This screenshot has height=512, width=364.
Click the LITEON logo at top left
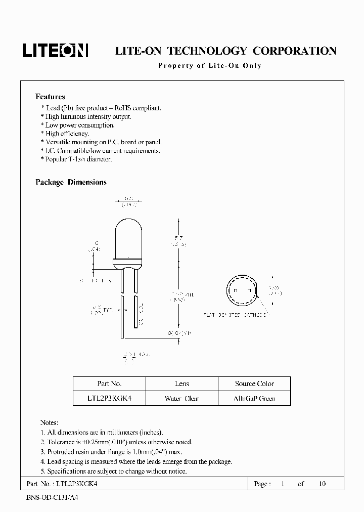55,50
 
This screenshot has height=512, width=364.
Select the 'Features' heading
50,97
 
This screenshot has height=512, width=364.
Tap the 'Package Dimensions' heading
71,182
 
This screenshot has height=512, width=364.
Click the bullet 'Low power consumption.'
80,125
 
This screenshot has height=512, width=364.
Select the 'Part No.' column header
109,383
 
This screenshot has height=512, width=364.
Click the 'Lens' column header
181,383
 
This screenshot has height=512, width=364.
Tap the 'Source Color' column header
254,383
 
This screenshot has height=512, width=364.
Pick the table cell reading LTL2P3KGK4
109,398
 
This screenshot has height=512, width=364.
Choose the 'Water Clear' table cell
181,398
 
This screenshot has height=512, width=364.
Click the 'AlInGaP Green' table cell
254,398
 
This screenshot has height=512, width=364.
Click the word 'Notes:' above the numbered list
49,422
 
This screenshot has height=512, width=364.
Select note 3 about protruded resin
114,452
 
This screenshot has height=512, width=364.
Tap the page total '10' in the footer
322,484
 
